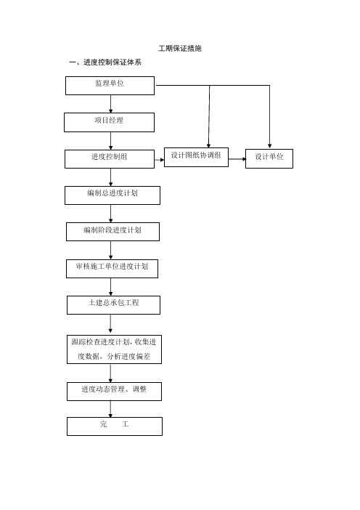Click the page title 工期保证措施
(180, 49)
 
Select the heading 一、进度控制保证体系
(105, 62)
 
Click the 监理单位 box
(110, 86)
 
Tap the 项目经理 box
(109, 122)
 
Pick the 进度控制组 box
(110, 159)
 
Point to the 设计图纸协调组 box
(196, 158)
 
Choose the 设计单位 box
(269, 158)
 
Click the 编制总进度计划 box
(112, 195)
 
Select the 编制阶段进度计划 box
(112, 232)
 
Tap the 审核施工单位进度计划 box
(112, 269)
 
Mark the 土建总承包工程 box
(114, 305)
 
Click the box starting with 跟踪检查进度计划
(115, 349)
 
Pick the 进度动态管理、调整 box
(115, 392)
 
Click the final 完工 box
(115, 426)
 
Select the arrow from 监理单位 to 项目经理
(111, 104)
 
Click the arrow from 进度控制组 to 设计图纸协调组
(159, 160)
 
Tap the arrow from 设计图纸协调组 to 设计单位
(237, 159)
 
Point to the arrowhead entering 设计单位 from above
(269, 146)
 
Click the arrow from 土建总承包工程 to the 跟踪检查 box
(110, 323)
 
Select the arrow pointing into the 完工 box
(110, 409)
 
